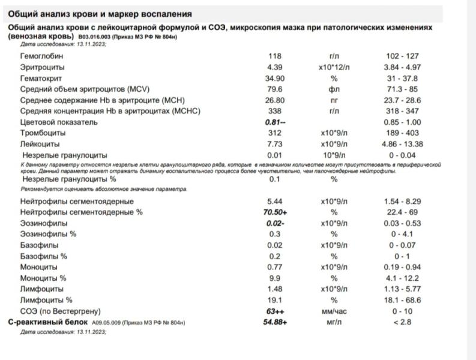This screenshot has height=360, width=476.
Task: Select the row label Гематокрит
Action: (x=41, y=78)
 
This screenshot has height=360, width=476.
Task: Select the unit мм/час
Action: (x=334, y=311)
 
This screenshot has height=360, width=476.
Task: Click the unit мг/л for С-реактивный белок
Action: (x=334, y=322)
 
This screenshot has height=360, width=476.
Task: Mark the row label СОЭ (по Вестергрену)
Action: (x=60, y=311)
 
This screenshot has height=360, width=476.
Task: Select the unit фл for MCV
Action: (x=334, y=89)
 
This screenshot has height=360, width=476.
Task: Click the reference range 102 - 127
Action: (x=403, y=56)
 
